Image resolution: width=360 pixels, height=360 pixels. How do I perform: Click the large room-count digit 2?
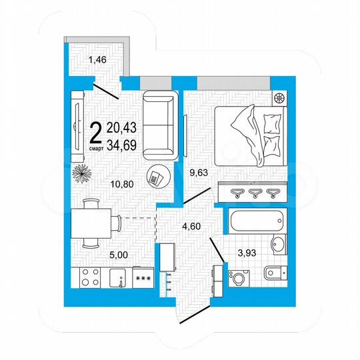pos(96,132)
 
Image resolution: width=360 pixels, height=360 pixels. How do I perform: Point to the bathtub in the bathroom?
pos(256,221)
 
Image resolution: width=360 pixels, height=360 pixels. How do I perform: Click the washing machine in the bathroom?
pos(237,275)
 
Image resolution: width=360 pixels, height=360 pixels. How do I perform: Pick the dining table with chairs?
pos(91,221)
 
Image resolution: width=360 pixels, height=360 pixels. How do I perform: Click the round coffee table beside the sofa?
pos(157,177)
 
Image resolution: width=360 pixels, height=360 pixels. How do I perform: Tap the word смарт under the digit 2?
pos(96,149)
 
